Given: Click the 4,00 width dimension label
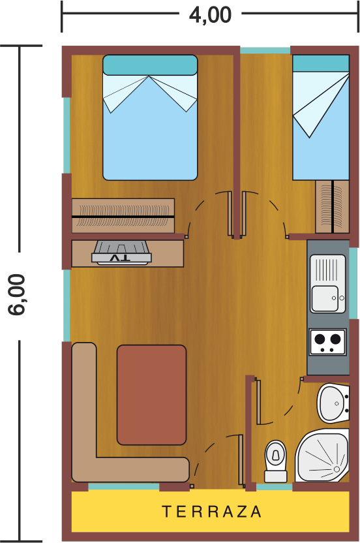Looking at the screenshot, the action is point(210,15).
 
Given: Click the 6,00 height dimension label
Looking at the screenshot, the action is point(17,295).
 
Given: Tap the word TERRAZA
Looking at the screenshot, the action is point(211,512).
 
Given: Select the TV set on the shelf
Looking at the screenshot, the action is point(121,253).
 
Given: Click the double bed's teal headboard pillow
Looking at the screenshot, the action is point(150,65).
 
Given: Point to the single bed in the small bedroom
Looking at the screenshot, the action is point(320,117).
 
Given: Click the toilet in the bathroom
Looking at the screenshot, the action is point(275,461).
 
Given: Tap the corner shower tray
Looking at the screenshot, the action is point(323,456).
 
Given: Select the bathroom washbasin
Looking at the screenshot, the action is point(333,403).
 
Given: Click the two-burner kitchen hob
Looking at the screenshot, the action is point(327,342).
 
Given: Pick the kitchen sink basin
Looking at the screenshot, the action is point(325,298).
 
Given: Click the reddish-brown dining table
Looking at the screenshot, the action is point(151,395).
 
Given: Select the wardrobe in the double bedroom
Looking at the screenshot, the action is point(123,216).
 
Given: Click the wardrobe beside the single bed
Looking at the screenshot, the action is point(333,206).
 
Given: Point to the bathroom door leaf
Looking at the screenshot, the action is point(258,402).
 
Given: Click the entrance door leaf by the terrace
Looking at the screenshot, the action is point(241,459).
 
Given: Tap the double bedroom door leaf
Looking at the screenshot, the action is point(230,213).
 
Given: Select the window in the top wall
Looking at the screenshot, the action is point(265,50).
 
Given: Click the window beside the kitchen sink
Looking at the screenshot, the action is point(353,283).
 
